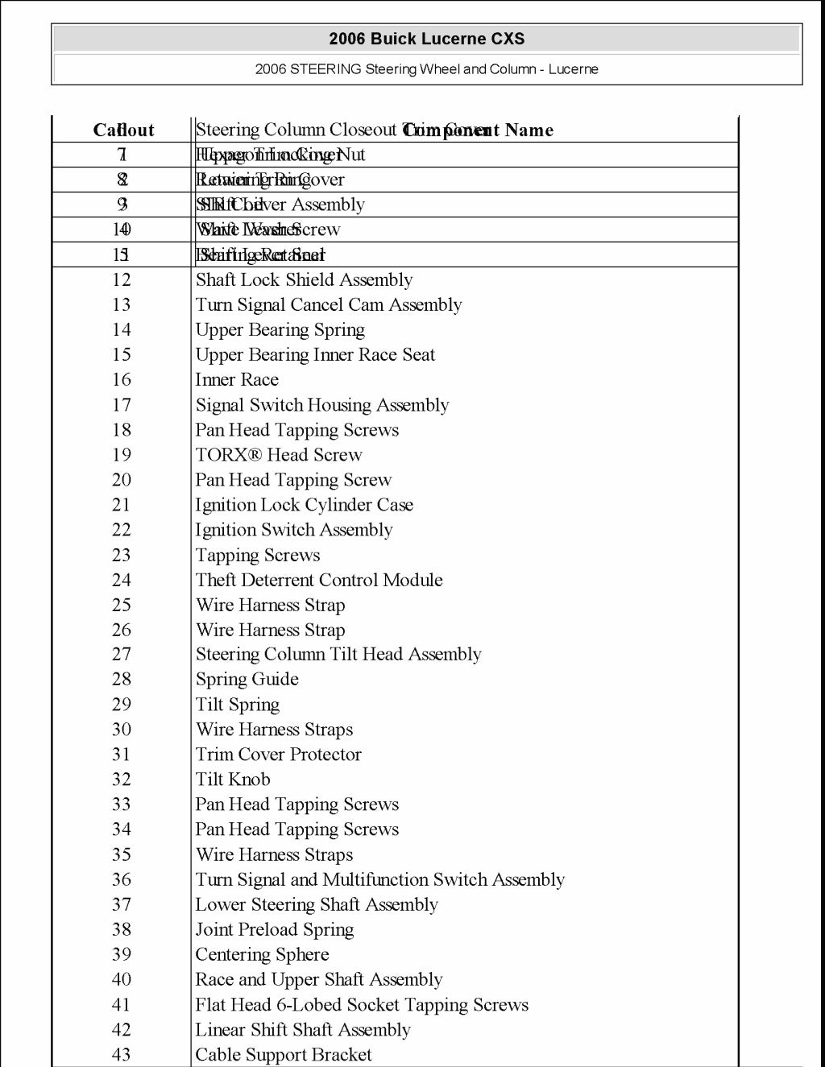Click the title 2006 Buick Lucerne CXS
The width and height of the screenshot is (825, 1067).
point(426,39)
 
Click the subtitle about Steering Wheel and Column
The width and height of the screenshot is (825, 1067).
point(426,69)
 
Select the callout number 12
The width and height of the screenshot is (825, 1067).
point(121,280)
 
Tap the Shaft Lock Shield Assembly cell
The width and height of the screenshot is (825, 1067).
point(304,280)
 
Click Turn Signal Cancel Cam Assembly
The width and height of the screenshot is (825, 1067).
point(329,305)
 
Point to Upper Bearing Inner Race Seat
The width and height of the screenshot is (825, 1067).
point(315,355)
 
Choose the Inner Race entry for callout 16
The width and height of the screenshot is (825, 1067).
point(237,380)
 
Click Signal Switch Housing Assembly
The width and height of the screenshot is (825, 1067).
point(321,405)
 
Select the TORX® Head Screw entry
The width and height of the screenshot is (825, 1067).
point(279,455)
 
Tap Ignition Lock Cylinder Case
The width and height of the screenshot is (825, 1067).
point(304,505)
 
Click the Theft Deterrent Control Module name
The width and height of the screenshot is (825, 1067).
point(319,580)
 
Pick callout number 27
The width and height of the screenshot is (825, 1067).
point(121,655)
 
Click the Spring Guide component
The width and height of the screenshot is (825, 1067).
point(247,680)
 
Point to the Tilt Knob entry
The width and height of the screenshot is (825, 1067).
point(233,780)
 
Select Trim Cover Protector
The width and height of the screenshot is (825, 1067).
point(278,755)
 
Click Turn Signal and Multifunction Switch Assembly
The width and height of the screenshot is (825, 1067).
point(379,879)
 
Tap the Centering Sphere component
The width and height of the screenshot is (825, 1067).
point(262,954)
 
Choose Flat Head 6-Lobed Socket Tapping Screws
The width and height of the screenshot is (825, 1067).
point(362,1005)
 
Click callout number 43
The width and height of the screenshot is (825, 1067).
point(121,1055)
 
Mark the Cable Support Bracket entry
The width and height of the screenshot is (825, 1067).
point(284,1055)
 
